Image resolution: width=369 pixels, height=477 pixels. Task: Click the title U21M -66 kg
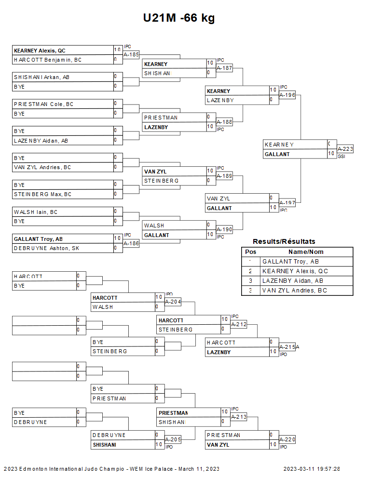tap(179, 18)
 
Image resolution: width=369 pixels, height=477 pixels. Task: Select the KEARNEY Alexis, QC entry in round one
tap(40, 50)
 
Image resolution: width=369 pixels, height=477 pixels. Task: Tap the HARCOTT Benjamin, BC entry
tap(48, 60)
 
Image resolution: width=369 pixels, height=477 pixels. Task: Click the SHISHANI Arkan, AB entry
tap(41, 77)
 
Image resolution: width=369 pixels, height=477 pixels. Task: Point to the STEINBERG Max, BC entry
tap(43, 194)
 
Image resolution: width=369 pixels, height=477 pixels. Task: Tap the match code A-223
tap(345, 149)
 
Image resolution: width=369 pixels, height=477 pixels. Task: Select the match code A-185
tap(132, 54)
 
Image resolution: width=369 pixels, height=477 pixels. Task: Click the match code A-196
tap(287, 95)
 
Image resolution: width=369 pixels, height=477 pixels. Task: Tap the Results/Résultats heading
tap(284, 241)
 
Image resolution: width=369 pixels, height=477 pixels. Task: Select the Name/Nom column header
tap(306, 252)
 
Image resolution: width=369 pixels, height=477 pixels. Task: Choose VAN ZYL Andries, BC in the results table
tap(294, 291)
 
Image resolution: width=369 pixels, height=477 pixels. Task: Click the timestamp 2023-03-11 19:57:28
tap(312, 469)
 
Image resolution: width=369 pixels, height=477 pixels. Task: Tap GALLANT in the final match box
tap(277, 154)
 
